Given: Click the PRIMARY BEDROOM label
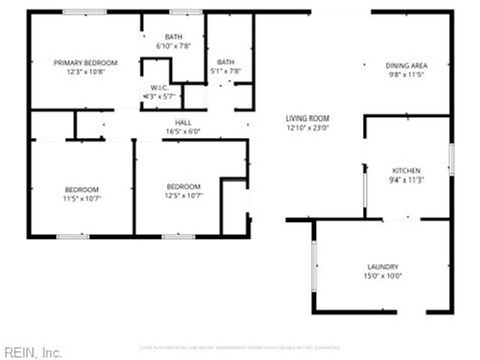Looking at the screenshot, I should pyautogui.click(x=85, y=63).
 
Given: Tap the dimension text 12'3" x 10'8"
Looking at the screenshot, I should pyautogui.click(x=85, y=72).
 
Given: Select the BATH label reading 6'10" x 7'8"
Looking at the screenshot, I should pyautogui.click(x=173, y=37).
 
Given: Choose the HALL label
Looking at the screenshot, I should pyautogui.click(x=183, y=123).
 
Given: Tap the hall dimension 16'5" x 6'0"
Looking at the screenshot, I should pyautogui.click(x=183, y=132).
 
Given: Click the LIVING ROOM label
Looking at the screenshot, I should pyautogui.click(x=307, y=118).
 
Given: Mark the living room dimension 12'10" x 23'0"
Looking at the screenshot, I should pyautogui.click(x=307, y=127).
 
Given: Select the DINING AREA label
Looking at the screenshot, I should pyautogui.click(x=406, y=65).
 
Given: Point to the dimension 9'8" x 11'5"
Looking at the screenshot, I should pyautogui.click(x=406, y=74).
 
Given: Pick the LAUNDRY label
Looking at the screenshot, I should pyautogui.click(x=382, y=267).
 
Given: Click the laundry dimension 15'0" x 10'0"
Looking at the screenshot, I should pyautogui.click(x=382, y=276).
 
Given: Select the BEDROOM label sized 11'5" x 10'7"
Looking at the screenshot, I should pyautogui.click(x=81, y=189).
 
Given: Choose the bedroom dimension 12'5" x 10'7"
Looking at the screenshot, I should pyautogui.click(x=183, y=195).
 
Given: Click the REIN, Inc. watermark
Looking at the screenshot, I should pyautogui.click(x=33, y=352).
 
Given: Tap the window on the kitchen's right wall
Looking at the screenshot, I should pyautogui.click(x=451, y=159).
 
